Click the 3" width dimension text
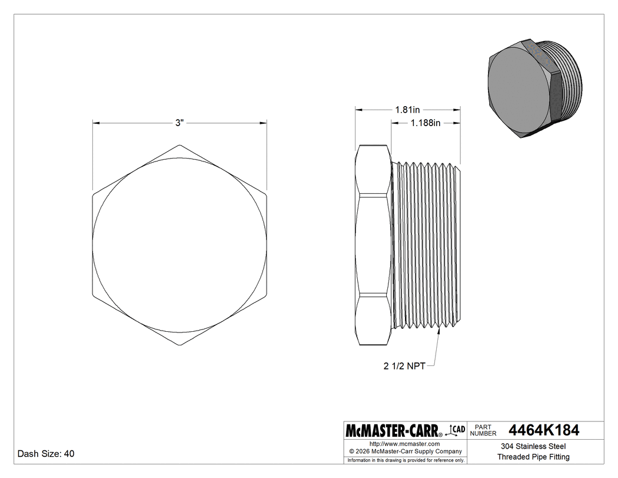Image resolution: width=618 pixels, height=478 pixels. pos(180,123)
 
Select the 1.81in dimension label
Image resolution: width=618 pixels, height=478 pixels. pos(407,110)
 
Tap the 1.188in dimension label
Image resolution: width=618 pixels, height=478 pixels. pos(426,123)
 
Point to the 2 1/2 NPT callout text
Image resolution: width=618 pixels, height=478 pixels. pos(404,366)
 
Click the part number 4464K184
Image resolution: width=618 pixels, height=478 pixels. pos(544,430)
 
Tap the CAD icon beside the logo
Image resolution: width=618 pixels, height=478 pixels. pos(455,430)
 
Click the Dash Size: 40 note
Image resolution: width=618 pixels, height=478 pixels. pos(46,453)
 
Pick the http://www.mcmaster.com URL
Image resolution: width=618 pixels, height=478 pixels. pos(404,444)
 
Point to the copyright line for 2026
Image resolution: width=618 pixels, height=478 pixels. pos(405,451)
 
